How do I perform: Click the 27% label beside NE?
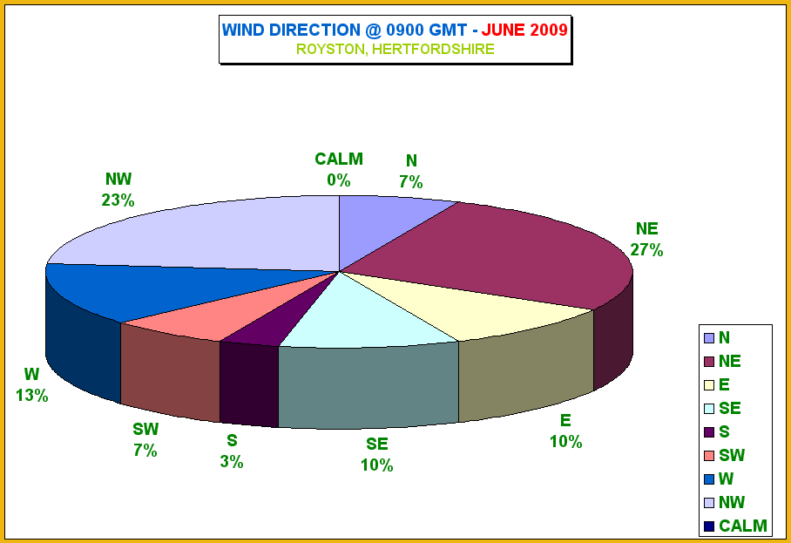tap(646, 250)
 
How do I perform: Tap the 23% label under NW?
tap(118, 200)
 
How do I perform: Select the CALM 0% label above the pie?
tap(339, 170)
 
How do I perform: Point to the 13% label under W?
tap(31, 395)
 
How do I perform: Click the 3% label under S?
tap(232, 462)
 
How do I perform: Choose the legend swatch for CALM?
tap(709, 526)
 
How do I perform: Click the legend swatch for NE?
tap(709, 362)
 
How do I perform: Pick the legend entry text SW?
tap(732, 456)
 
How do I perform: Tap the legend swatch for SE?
tap(709, 409)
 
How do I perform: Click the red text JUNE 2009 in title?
tap(524, 30)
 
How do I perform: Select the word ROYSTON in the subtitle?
tap(329, 50)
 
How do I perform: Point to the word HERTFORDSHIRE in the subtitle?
tap(433, 49)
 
